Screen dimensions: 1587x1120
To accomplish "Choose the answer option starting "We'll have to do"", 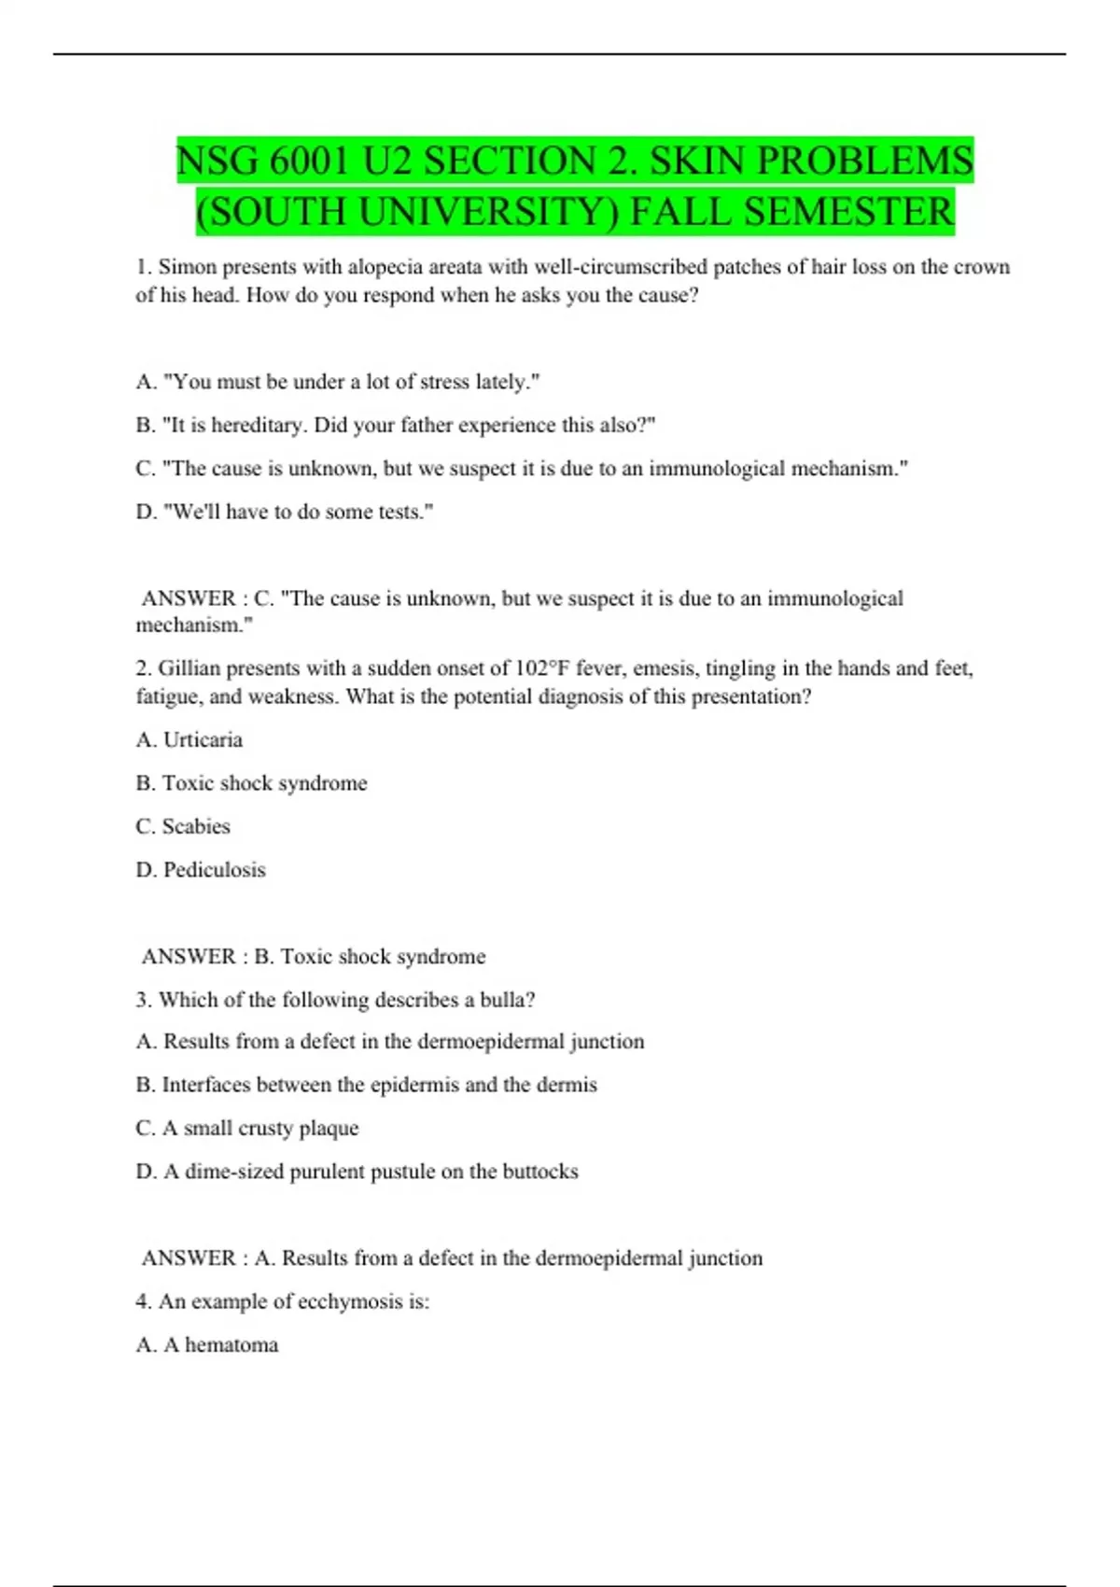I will [x=285, y=512].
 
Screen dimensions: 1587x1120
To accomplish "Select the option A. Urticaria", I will [x=189, y=740].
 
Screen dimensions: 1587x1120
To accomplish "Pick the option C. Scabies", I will [x=183, y=827].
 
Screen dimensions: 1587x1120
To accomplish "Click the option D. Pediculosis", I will [x=201, y=870].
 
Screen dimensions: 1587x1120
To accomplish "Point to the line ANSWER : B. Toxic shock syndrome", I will [x=314, y=957].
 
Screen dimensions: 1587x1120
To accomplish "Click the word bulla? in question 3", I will [x=508, y=1000].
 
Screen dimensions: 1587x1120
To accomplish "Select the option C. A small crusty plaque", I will [x=247, y=1129].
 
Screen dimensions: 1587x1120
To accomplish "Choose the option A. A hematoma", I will [x=207, y=1345].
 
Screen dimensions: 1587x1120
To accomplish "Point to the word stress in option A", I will [x=444, y=382].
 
